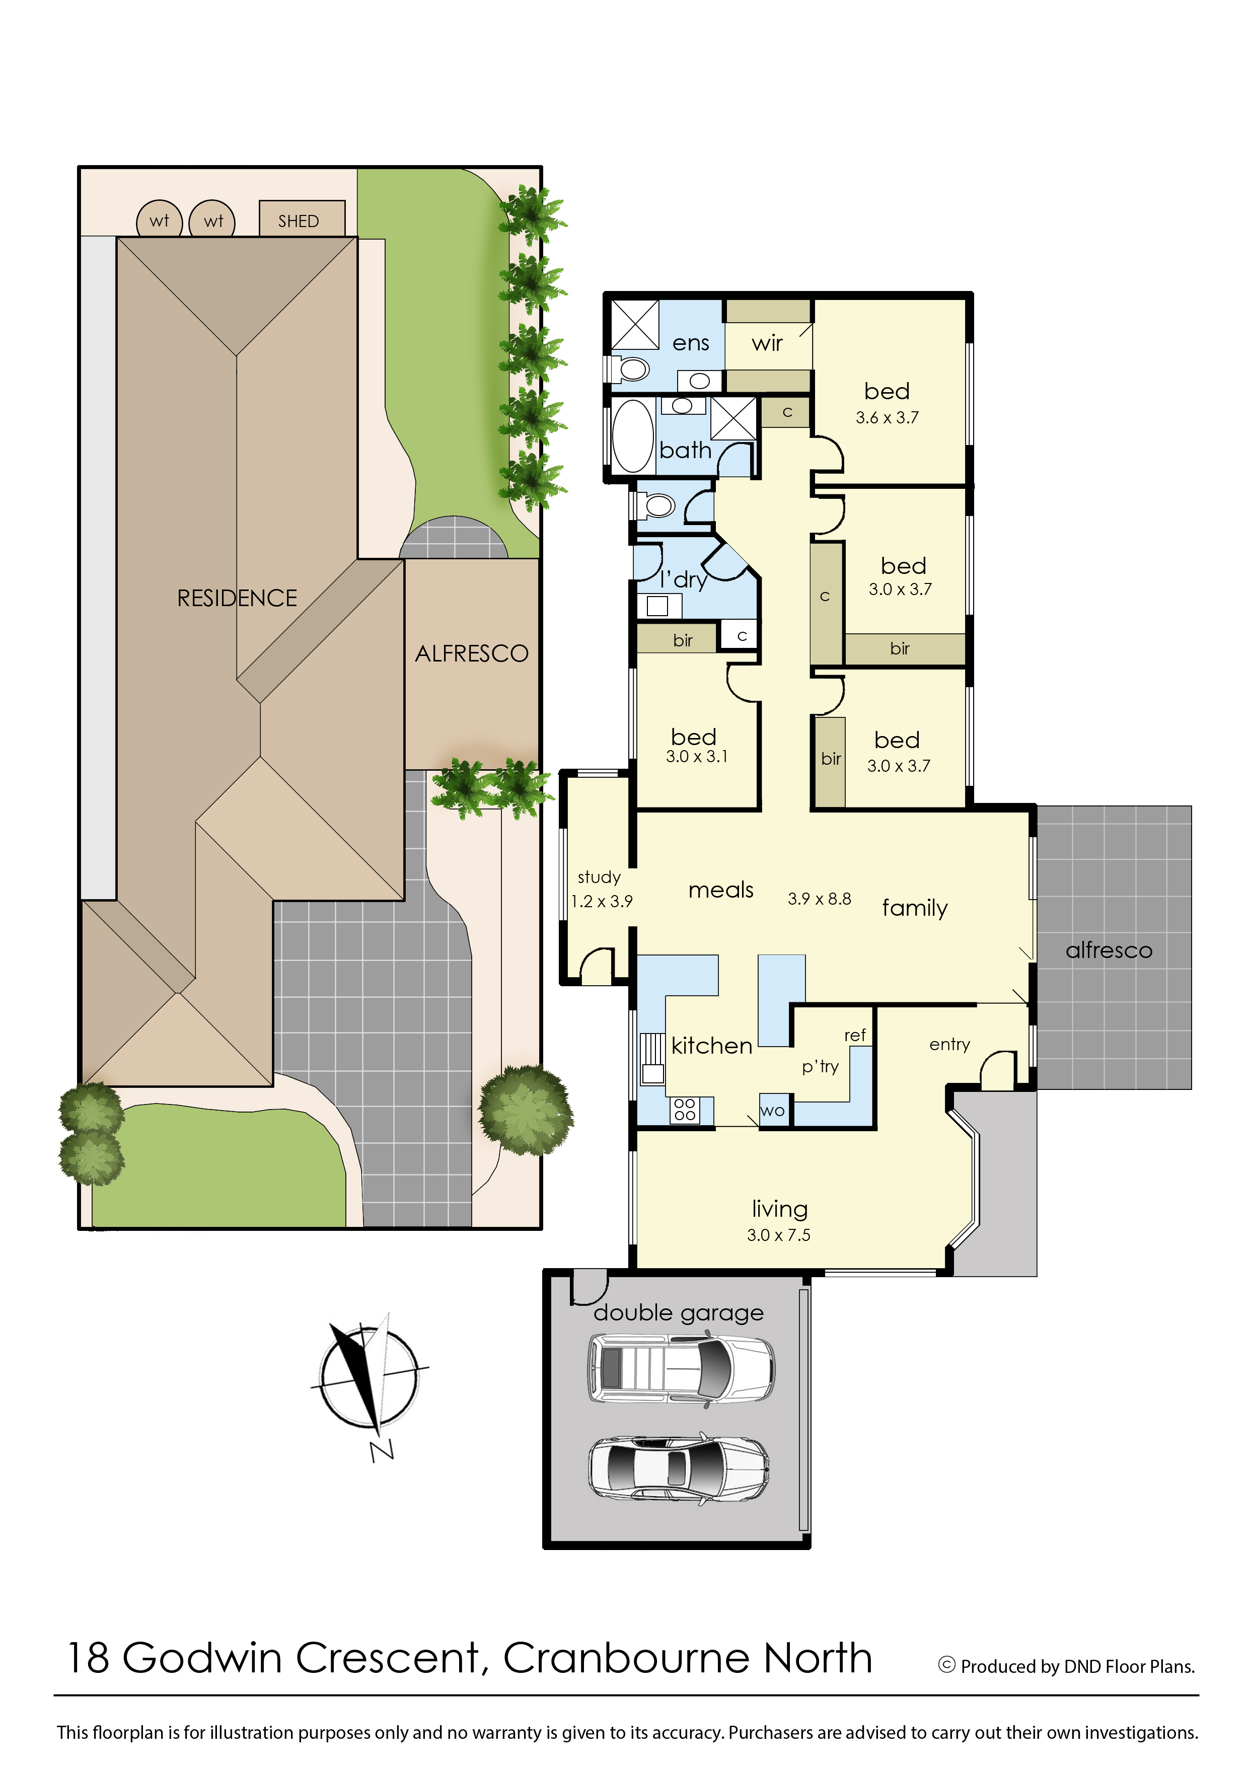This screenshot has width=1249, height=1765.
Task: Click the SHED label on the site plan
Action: click(x=299, y=222)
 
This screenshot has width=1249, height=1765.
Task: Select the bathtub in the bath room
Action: click(x=633, y=435)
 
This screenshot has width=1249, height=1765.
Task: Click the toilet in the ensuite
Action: click(x=631, y=369)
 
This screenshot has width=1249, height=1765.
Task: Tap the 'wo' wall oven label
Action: click(x=772, y=1111)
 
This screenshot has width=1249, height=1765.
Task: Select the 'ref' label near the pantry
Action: click(x=854, y=1035)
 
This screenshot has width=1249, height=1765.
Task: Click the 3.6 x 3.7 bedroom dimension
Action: click(x=887, y=418)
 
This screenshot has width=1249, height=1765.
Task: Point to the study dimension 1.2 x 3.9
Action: click(x=602, y=901)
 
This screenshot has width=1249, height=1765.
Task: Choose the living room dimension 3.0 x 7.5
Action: click(x=778, y=1235)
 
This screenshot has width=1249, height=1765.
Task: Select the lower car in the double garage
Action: click(x=678, y=1468)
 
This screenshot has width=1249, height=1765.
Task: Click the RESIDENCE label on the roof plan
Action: click(x=237, y=599)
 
